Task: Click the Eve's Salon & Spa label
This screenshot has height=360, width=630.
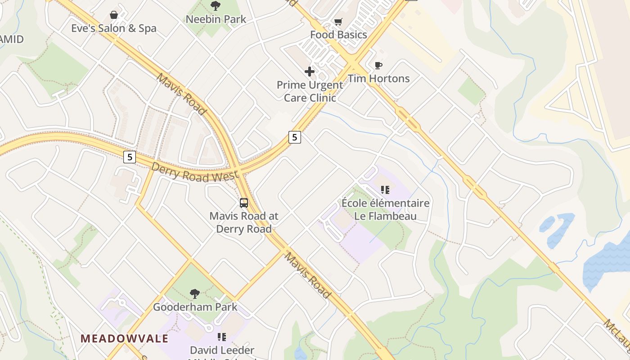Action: [114, 28]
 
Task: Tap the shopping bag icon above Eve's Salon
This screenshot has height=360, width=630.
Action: [114, 15]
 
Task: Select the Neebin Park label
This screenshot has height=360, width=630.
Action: [216, 19]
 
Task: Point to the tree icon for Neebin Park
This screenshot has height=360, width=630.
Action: [216, 6]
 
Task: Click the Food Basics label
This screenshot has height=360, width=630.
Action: [338, 35]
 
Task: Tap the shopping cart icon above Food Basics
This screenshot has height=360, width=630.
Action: [338, 22]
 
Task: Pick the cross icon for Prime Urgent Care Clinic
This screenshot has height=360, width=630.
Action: [310, 72]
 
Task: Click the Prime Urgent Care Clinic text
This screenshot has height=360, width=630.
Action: [310, 91]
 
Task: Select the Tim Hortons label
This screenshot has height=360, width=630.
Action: [378, 79]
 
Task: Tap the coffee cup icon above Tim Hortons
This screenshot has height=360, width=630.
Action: [378, 66]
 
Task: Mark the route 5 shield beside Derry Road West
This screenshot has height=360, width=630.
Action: [130, 157]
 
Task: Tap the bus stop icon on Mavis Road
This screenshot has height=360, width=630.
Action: [244, 203]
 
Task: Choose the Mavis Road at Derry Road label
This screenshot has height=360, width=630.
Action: [244, 222]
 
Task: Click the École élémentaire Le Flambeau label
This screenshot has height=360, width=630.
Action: [385, 209]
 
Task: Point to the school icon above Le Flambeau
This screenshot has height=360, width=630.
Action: [385, 190]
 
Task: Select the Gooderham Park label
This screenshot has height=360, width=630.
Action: [195, 307]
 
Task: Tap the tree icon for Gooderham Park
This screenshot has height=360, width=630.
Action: [195, 294]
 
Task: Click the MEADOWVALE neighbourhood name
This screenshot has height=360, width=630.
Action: [125, 338]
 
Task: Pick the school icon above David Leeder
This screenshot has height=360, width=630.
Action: [222, 337]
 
